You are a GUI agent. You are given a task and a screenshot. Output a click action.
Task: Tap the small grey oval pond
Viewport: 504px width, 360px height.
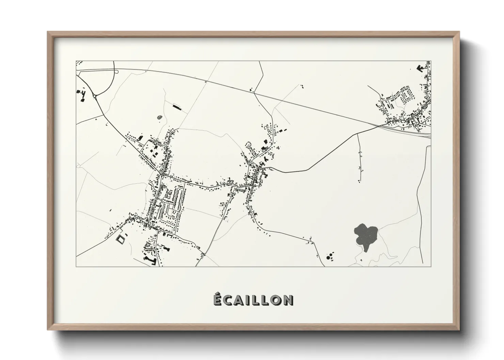tap(159, 118)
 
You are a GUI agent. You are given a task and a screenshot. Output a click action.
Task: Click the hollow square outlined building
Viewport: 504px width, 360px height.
tap(121, 239)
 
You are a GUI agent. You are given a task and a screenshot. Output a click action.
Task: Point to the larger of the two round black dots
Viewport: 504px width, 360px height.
tap(329, 258)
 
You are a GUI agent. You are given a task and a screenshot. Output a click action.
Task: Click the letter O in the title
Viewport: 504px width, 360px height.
tap(275, 300)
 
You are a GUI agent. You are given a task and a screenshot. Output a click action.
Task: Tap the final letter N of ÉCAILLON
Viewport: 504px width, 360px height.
tap(288, 300)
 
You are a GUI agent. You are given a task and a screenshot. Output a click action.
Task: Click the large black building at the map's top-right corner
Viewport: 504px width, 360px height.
tap(420, 68)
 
